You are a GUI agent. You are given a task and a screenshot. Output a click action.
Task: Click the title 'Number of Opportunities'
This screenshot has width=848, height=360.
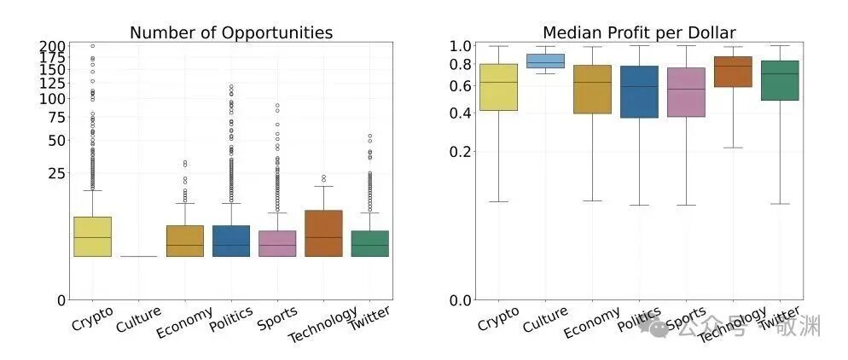(x=230, y=32)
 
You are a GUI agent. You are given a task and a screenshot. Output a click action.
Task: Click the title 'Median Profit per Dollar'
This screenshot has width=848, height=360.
(x=639, y=32)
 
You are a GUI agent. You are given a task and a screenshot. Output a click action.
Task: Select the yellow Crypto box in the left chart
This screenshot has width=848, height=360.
(x=92, y=236)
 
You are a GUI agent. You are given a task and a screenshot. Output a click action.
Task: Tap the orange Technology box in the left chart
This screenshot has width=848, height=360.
(x=322, y=233)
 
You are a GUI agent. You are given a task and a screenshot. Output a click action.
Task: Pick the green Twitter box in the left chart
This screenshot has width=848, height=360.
(x=369, y=243)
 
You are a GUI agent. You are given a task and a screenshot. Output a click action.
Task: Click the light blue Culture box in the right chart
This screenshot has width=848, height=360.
(x=545, y=61)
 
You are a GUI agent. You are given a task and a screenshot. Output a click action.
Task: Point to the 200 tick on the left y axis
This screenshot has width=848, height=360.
(x=53, y=46)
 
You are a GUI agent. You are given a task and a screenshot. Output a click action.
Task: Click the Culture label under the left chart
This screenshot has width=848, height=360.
(x=136, y=321)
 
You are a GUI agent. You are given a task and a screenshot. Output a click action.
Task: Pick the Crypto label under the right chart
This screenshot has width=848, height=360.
(x=498, y=320)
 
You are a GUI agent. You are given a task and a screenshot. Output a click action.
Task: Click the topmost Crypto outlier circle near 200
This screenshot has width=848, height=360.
(x=92, y=46)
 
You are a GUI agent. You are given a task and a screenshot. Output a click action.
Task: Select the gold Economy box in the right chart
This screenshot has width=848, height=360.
(x=592, y=89)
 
